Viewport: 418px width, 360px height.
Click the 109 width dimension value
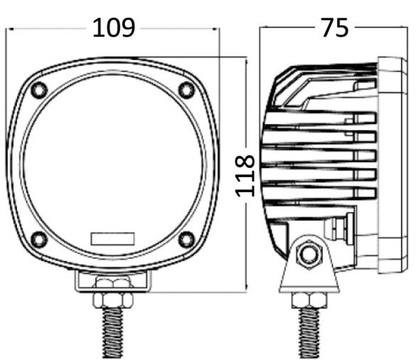(x=114, y=28)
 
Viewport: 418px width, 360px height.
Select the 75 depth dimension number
(x=335, y=28)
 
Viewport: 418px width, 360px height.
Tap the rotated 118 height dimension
(x=245, y=176)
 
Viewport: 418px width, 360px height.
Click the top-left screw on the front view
(x=39, y=90)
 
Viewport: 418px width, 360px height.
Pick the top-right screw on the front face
(x=186, y=90)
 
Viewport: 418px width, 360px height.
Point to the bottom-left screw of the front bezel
(x=39, y=239)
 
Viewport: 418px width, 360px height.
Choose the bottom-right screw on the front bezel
(x=186, y=239)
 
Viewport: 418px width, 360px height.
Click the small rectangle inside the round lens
(x=112, y=238)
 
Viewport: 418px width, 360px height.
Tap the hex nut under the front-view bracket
(x=113, y=300)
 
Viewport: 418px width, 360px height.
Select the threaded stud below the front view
(x=113, y=333)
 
